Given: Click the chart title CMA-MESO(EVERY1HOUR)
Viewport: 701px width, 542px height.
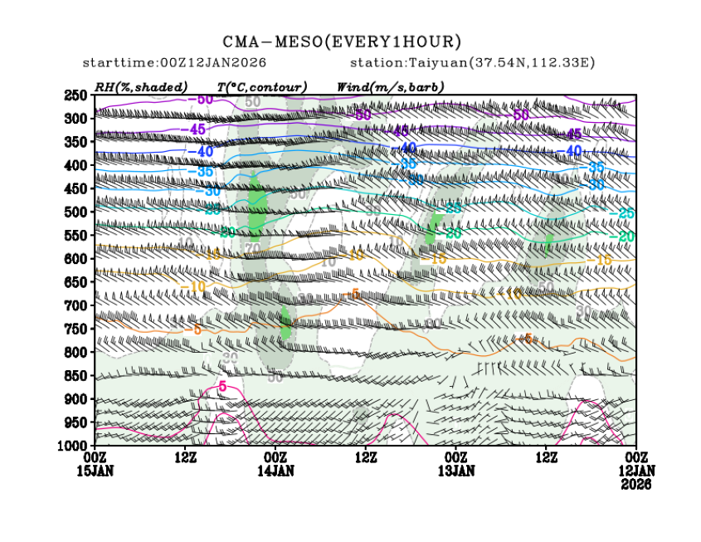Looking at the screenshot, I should coord(342,42).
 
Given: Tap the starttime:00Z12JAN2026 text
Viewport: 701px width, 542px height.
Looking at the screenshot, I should coord(174,63).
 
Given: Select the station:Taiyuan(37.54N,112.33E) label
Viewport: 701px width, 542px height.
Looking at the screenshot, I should coord(473,63).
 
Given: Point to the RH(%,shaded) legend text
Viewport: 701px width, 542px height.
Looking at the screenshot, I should coord(141,86).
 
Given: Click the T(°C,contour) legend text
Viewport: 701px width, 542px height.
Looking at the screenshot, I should coord(262,86).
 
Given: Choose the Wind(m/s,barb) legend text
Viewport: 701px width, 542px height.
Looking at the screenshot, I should coord(390,86).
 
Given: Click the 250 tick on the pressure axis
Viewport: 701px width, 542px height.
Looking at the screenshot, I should coord(76,95).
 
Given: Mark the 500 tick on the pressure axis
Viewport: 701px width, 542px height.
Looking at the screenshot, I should coord(76,212).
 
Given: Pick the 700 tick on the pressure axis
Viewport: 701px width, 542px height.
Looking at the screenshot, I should coord(76,305).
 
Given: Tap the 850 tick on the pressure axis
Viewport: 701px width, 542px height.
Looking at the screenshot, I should coord(76,375).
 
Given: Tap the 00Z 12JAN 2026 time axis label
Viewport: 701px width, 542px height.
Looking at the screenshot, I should coord(635,470).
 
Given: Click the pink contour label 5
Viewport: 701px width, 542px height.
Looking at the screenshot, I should coord(222,387).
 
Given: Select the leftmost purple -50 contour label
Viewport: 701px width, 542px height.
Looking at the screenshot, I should coord(199,100).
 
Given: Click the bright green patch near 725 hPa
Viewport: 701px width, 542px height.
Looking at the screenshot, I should coord(285,321).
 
